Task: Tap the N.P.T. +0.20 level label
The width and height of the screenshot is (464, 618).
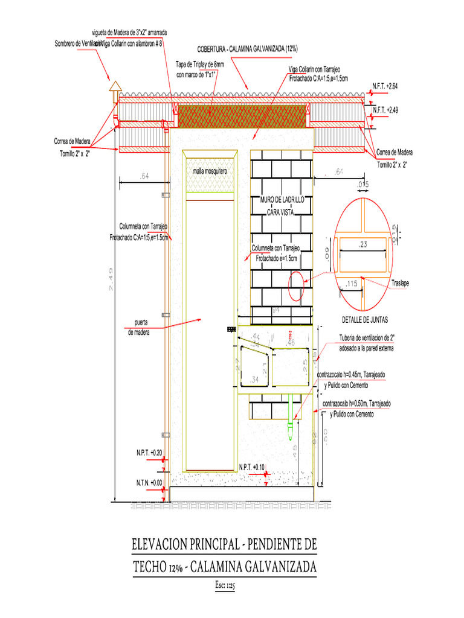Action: [149, 452]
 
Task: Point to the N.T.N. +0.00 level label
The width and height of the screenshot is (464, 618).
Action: [149, 482]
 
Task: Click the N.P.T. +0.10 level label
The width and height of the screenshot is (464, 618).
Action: [252, 467]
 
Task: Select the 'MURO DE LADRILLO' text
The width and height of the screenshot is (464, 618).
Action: [282, 200]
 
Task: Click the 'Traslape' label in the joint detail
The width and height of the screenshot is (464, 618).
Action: [401, 282]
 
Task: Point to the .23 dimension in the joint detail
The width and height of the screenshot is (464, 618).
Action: [363, 244]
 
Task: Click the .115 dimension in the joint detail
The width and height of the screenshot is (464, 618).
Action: [352, 282]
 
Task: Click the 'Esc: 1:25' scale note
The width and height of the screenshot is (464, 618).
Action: [224, 585]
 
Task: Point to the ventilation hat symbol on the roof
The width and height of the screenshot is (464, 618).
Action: [114, 89]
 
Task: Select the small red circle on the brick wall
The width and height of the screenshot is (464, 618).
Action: [296, 286]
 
